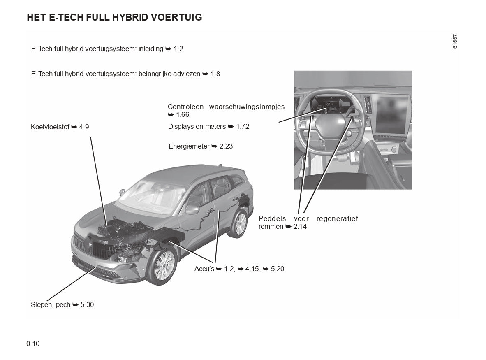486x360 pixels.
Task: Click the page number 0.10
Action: [33, 344]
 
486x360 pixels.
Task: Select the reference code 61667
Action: [455, 42]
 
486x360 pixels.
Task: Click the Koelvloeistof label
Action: [50, 127]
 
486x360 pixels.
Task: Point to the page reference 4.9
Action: [84, 127]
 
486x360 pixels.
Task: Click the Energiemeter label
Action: [189, 146]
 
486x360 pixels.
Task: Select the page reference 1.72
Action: [243, 127]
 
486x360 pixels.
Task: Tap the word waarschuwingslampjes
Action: [247, 107]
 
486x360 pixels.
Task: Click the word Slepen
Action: [41, 305]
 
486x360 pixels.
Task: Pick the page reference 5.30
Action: [87, 305]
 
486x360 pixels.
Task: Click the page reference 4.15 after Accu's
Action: [253, 269]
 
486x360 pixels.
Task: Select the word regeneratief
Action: [337, 218]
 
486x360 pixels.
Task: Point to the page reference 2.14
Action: [300, 227]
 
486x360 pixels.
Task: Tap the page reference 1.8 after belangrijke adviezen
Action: [215, 74]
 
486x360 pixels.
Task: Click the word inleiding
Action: [152, 49]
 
